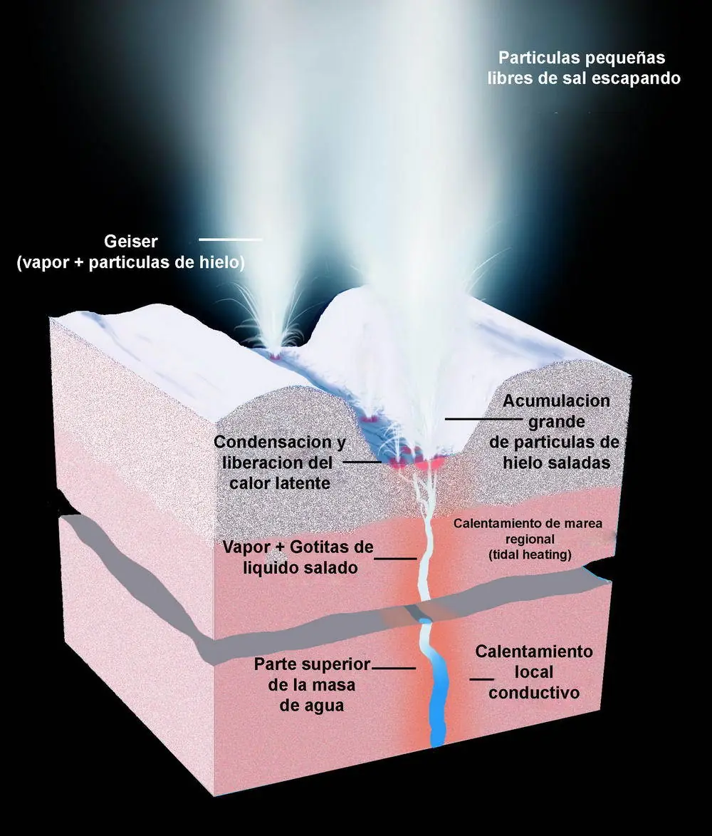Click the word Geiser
(130, 242)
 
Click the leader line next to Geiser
(231, 240)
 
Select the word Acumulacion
(557, 401)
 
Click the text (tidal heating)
(530, 554)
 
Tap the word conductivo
(534, 693)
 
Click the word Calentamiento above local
(534, 651)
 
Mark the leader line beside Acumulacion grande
(483, 419)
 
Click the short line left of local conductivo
(481, 679)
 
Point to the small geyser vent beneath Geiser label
(276, 354)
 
